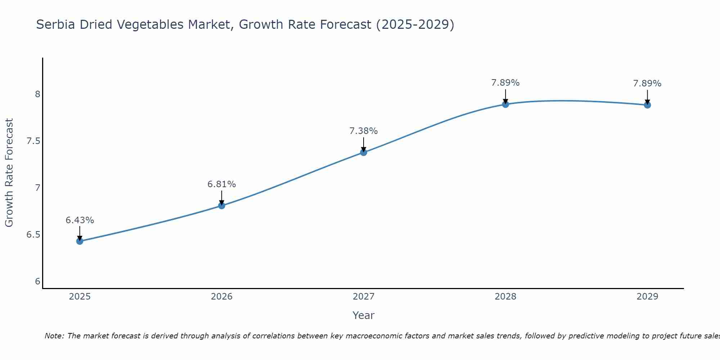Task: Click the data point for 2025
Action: (x=80, y=241)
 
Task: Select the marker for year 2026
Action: (x=221, y=206)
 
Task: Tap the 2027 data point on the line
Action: (x=364, y=152)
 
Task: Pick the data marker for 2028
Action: (x=505, y=104)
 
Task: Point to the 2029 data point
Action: (x=647, y=105)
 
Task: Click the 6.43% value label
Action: (x=80, y=220)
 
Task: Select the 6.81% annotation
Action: (x=221, y=184)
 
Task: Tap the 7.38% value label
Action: (x=364, y=131)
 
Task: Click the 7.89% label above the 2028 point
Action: (x=505, y=83)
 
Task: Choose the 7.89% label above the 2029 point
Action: (x=647, y=84)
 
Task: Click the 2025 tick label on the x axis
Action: (x=80, y=297)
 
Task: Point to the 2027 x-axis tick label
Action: (x=364, y=297)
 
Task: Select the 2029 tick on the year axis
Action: (x=647, y=297)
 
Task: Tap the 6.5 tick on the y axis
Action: (x=33, y=235)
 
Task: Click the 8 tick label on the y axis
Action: (x=37, y=94)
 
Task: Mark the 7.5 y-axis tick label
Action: (x=33, y=141)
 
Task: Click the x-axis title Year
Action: (x=364, y=315)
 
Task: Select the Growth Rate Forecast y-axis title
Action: (x=9, y=173)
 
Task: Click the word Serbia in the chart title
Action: (x=56, y=24)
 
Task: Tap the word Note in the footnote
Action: (x=54, y=336)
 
